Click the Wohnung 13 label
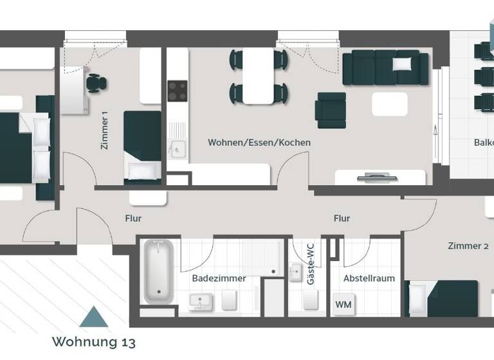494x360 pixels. coord(94,341)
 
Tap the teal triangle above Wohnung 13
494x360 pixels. coord(94,317)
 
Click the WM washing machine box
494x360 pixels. coord(343,304)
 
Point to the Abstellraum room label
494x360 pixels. coord(369,278)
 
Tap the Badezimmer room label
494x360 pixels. coord(219,278)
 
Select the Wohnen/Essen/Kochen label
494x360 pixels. coord(259,143)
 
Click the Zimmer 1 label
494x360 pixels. coord(105,130)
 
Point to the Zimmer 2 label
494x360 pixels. coord(468,246)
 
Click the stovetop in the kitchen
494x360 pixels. coord(177,90)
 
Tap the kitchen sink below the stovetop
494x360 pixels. coord(177,150)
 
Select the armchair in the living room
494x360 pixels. coord(331,110)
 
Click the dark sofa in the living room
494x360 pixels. coord(385,68)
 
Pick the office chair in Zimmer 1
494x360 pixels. coord(96,83)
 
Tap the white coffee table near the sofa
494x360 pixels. coord(390,104)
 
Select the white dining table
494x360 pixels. coord(258,76)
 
